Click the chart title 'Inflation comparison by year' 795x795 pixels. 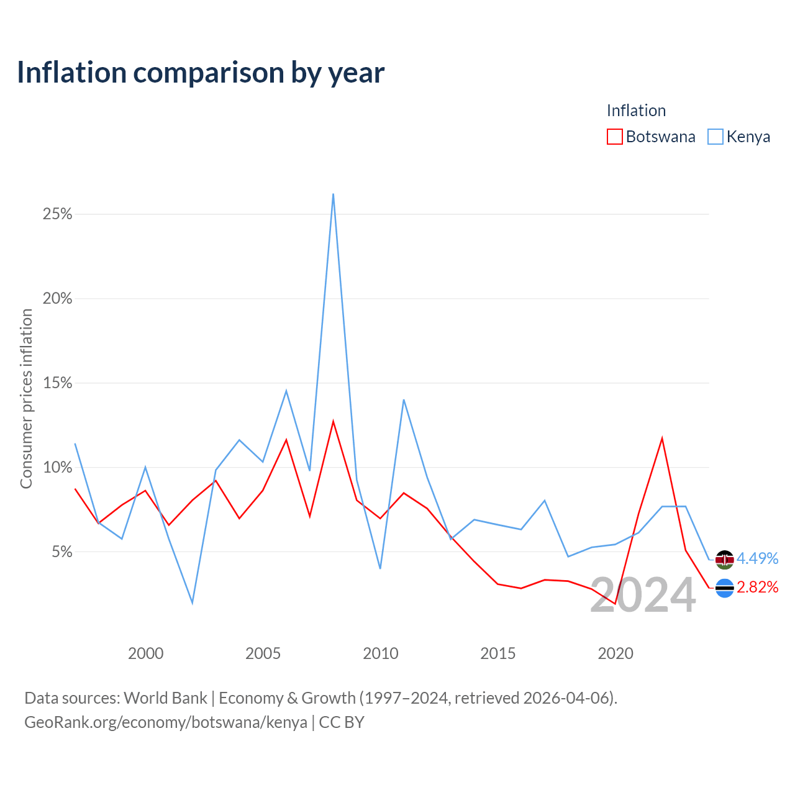pos(201,73)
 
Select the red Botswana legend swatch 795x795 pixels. pos(614,137)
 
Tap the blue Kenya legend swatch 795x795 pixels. pos(715,137)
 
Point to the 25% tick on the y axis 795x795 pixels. pos(57,214)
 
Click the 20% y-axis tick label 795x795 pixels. pos(57,298)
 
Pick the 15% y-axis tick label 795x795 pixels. pos(57,383)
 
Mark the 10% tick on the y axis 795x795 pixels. pos(57,468)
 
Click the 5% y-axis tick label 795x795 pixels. pos(62,552)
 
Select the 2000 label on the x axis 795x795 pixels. pos(145,653)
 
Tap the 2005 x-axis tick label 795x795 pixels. pos(263,653)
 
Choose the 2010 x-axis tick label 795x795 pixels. pos(380,653)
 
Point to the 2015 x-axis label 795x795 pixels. pos(498,653)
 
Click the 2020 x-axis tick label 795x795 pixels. pos(616,653)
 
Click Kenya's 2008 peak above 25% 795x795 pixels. pos(333,194)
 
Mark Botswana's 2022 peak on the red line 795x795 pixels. pos(662,438)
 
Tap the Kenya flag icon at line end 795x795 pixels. pos(724,560)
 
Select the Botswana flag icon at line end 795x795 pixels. pos(724,588)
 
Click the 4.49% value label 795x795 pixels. pos(758,558)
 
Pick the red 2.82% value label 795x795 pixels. pos(758,587)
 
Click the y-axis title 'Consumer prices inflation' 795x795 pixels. pos(27,399)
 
